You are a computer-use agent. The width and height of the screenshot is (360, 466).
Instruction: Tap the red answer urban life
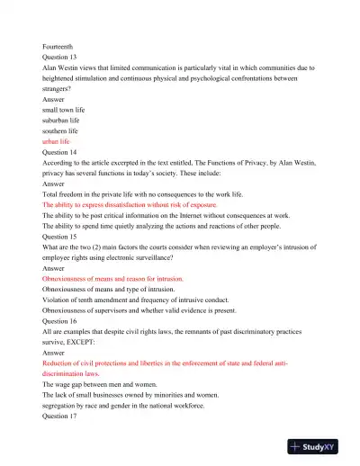(60, 142)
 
